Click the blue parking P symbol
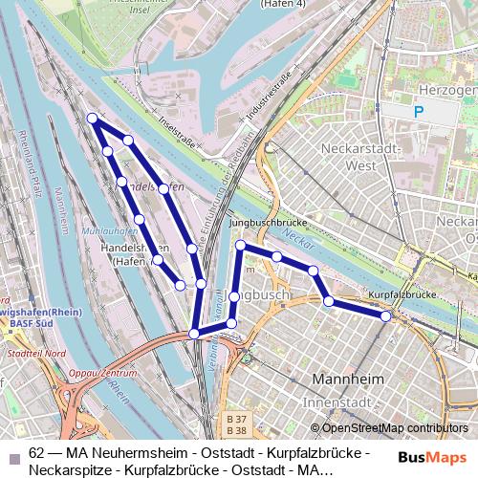coord(418,112)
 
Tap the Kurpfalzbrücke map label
coord(395,295)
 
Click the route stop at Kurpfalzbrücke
coord(386,315)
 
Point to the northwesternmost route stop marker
coord(93,119)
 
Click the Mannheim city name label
coord(349,380)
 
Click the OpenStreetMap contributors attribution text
coord(394,428)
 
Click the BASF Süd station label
coord(30,323)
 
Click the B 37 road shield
coord(236,420)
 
